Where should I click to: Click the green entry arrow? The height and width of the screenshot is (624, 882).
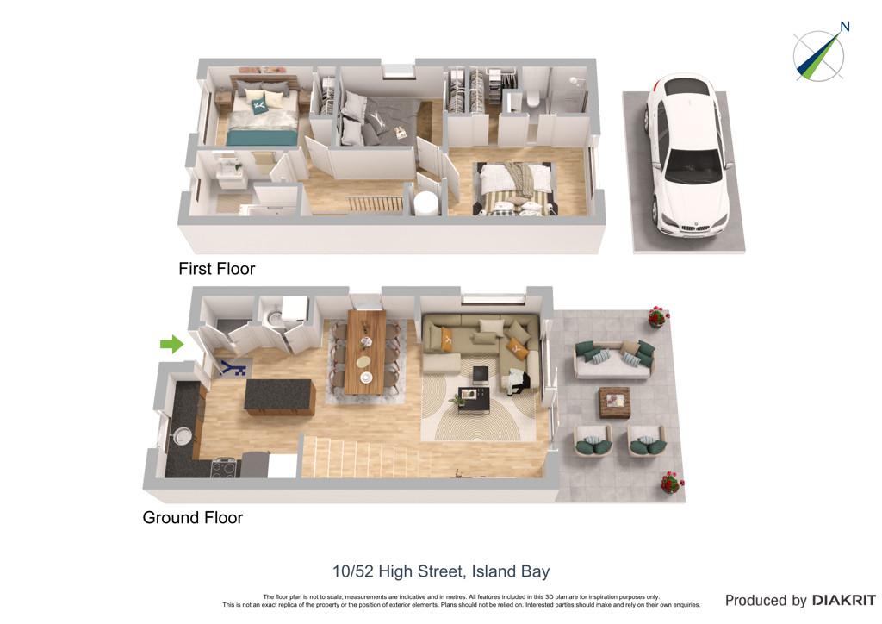pos(171,344)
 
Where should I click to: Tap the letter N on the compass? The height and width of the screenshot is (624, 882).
pos(844,27)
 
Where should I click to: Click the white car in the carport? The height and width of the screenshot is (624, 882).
pos(687,157)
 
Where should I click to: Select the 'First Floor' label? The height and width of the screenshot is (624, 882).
pos(216,269)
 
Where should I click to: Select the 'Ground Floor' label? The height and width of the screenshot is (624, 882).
pos(192,518)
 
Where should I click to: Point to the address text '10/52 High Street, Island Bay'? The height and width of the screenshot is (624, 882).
pos(441,571)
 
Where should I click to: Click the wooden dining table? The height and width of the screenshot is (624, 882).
pos(366,351)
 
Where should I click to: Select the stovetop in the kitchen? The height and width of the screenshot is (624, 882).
pos(224,468)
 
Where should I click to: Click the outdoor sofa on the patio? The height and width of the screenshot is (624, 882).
pos(614,359)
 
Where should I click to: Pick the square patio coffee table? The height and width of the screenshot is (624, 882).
pos(614,402)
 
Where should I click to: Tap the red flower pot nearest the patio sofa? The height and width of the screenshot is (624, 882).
pos(657,317)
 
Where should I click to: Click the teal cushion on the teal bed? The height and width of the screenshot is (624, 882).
pos(259,105)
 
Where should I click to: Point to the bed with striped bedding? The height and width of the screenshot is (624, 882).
pos(516,188)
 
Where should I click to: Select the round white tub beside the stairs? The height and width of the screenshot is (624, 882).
pos(425,203)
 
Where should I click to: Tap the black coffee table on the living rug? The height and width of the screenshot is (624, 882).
pos(471,398)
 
